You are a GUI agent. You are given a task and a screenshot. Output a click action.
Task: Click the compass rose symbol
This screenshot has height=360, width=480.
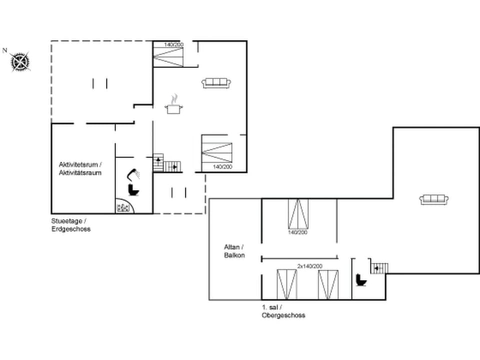click(x=20, y=62)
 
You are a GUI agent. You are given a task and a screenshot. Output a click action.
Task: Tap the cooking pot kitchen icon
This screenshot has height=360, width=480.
click(x=173, y=105)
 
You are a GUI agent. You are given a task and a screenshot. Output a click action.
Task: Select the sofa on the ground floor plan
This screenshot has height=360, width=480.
click(x=216, y=83)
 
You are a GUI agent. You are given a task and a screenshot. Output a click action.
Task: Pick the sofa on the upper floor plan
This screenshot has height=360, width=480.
click(x=433, y=199)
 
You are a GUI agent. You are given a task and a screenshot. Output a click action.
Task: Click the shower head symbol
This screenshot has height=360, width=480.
click(x=133, y=174)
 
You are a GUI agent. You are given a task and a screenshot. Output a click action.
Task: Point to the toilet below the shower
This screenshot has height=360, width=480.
click(x=133, y=190)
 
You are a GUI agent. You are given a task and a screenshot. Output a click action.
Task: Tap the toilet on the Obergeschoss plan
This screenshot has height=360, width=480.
click(x=360, y=279)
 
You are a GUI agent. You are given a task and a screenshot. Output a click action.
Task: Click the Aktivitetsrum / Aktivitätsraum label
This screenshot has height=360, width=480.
click(x=80, y=168)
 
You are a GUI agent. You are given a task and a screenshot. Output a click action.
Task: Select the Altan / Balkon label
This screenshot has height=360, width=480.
click(x=234, y=251)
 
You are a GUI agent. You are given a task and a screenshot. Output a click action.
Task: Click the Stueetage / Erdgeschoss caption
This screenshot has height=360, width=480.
click(x=70, y=224)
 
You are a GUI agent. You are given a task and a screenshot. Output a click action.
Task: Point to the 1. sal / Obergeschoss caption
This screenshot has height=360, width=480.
click(x=283, y=311)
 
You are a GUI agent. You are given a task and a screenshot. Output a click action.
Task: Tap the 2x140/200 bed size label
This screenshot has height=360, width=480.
click(x=310, y=266)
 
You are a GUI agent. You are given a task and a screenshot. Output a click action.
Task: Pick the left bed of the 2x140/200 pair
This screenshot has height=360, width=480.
click(x=287, y=284)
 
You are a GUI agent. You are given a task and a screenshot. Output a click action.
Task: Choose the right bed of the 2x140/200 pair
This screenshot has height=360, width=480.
click(x=328, y=284)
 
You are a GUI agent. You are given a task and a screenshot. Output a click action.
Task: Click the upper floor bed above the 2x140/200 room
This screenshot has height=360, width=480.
click(x=298, y=214)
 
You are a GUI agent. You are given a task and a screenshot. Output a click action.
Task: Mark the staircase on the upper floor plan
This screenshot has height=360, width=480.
click(x=379, y=268)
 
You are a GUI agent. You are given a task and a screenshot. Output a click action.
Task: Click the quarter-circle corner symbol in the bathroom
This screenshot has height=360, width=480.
click(x=122, y=207)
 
